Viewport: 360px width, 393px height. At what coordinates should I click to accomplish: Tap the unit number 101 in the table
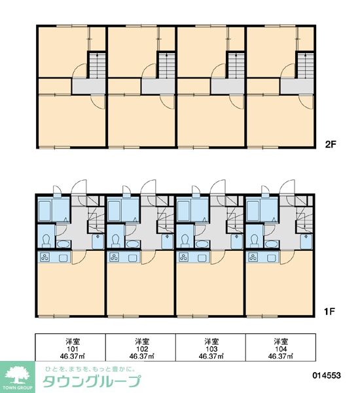72,349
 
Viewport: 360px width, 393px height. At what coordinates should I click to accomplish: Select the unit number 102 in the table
142,349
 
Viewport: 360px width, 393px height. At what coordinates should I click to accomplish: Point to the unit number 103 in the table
211,349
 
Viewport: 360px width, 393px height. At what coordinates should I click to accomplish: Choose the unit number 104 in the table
281,349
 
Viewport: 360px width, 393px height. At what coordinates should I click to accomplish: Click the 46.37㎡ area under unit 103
211,357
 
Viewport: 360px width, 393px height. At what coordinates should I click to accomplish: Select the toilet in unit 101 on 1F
46,238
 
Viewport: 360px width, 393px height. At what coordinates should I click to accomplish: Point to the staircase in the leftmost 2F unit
96,65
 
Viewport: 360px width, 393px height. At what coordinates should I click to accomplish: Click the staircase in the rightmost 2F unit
304,65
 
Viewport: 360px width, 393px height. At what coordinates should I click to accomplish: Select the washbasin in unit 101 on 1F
62,244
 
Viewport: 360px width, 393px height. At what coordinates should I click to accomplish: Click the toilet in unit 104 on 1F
254,238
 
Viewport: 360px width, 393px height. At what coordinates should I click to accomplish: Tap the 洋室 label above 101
72,341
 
